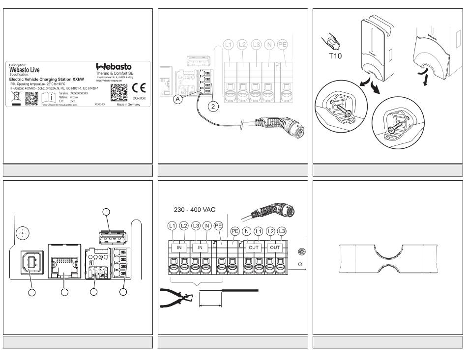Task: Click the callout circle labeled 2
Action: [x=212, y=105]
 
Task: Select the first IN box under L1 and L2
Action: [x=179, y=247]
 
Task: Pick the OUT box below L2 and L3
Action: [x=275, y=247]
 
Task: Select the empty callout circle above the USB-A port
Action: [x=106, y=212]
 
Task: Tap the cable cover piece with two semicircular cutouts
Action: [x=388, y=258]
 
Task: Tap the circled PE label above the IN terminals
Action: [x=219, y=226]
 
